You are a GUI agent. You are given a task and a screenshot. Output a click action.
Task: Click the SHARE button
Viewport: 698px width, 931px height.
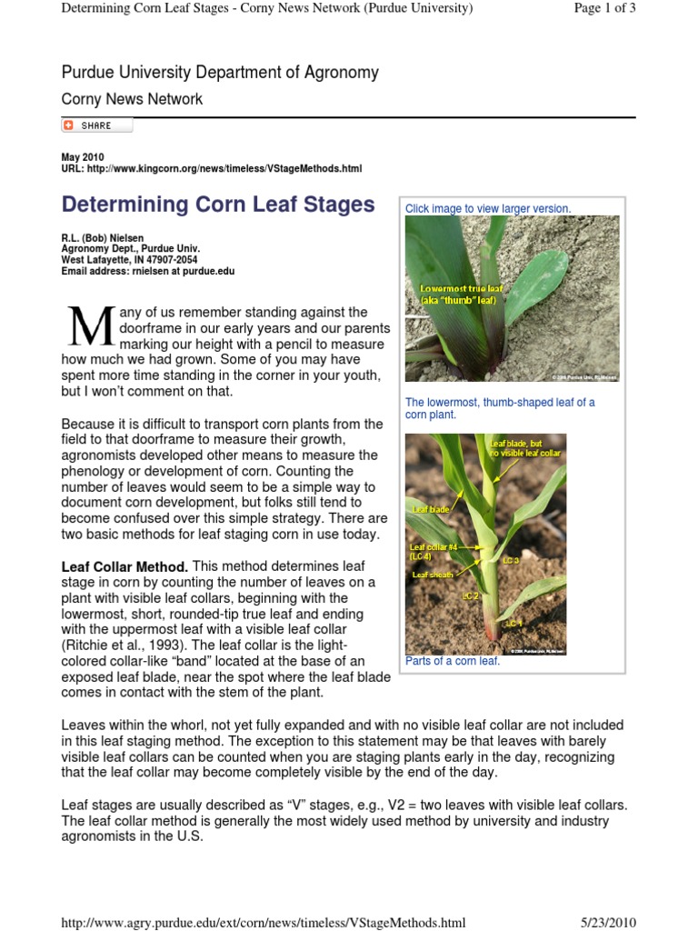(96, 125)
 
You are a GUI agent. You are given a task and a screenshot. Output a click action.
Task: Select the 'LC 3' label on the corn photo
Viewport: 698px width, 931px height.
(511, 561)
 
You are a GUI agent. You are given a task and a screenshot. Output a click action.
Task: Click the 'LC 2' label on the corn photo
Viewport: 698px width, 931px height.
(471, 596)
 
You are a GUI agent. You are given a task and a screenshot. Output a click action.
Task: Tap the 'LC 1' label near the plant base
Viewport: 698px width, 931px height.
(514, 623)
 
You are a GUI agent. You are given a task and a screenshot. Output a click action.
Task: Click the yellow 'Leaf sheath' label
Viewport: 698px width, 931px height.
(434, 575)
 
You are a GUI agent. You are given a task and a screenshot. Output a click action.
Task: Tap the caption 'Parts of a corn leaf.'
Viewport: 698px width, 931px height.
(453, 661)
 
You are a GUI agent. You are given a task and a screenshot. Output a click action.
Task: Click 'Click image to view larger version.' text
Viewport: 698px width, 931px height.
(488, 208)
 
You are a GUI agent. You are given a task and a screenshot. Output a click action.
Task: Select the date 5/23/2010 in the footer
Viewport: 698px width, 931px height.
(608, 922)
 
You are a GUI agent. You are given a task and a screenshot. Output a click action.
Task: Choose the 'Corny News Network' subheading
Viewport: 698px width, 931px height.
(132, 99)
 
